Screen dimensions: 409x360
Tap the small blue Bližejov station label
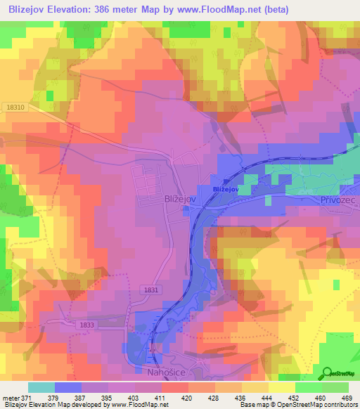click(227, 190)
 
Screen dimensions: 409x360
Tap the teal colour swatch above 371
click(41, 388)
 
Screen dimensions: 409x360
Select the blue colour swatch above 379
click(68, 388)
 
